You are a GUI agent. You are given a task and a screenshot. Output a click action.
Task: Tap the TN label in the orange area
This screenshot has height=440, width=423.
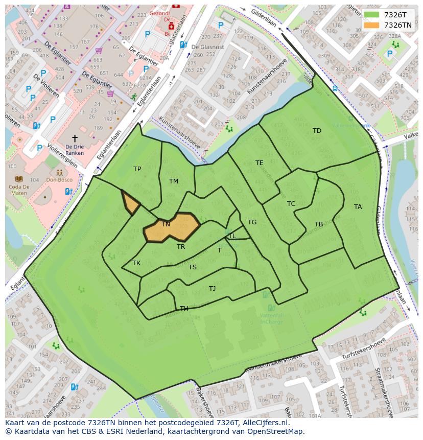[166, 224]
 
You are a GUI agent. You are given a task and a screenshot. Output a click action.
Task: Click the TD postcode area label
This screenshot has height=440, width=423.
[317, 131]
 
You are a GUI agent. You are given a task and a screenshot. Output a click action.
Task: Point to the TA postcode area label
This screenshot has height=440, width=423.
[358, 207]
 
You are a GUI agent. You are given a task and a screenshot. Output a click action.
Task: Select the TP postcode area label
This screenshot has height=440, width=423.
[137, 169]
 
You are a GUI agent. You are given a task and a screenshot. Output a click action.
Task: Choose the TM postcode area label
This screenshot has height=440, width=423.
[174, 181]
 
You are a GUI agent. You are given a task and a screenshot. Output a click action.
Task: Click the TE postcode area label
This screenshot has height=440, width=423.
[260, 163]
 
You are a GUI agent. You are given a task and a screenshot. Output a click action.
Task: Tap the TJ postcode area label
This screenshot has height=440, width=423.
[212, 289]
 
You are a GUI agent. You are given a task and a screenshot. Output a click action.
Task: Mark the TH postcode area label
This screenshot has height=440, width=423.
[184, 309]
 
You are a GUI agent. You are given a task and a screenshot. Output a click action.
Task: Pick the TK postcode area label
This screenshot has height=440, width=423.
[136, 264]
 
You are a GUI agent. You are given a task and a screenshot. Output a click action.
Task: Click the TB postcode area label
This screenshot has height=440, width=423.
[318, 224]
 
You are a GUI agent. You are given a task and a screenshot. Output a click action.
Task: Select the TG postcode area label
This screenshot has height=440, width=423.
[252, 222]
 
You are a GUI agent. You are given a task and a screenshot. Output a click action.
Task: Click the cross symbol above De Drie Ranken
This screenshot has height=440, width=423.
[75, 138]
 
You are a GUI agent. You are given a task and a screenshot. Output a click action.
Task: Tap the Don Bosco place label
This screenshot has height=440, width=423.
[59, 180]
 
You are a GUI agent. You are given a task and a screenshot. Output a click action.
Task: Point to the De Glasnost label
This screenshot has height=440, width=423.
[207, 47]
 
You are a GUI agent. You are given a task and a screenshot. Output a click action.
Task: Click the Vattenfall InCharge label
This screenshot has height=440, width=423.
[271, 318]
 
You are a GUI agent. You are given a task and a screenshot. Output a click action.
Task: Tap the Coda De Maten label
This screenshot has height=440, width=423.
[19, 189]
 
